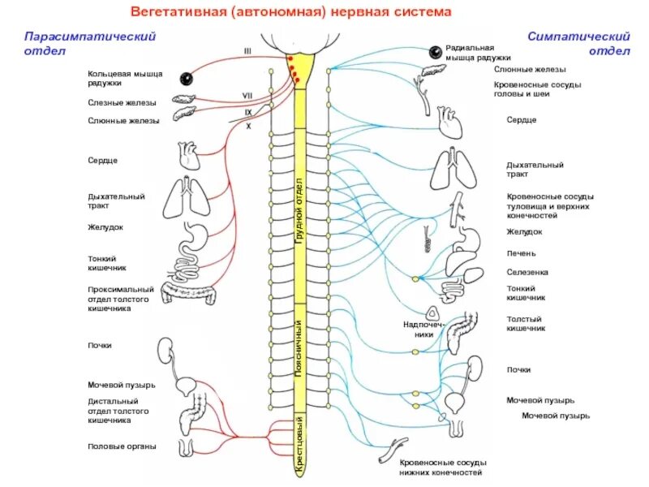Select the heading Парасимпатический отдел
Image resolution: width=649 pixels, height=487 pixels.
pyautogui.click(x=89, y=43)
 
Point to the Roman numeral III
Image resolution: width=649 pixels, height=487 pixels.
pyautogui.click(x=248, y=51)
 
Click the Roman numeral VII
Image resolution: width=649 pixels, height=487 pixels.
pyautogui.click(x=247, y=96)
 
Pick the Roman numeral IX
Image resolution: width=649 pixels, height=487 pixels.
pyautogui.click(x=248, y=111)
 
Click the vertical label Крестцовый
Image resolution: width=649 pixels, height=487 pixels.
pyautogui.click(x=299, y=446)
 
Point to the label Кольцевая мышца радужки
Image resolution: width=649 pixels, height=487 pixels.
pyautogui.click(x=125, y=79)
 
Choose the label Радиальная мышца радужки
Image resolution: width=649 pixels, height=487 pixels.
pyautogui.click(x=478, y=54)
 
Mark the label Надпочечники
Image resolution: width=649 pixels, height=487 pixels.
pyautogui.click(x=420, y=328)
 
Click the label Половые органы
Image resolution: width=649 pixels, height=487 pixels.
pyautogui.click(x=122, y=446)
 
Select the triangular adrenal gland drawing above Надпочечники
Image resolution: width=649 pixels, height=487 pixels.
pyautogui.click(x=432, y=312)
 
